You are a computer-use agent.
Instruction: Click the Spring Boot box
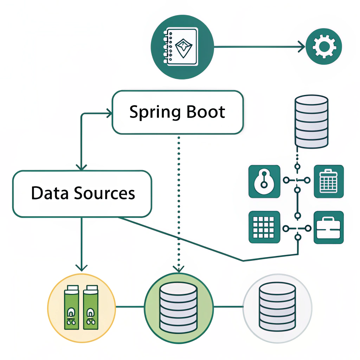pos(178,112)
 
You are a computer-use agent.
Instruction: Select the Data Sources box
pos(82,194)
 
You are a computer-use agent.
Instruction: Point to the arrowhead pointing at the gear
pos(301,46)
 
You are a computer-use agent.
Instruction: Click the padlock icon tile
pos(264,181)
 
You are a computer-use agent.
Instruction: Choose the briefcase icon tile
pos(328,227)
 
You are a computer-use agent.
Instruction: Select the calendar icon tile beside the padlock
pos(328,181)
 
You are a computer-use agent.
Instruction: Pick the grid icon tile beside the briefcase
pos(264,227)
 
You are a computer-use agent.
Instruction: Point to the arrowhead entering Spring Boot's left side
pos(109,113)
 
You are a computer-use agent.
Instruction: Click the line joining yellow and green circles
pos(130,307)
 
